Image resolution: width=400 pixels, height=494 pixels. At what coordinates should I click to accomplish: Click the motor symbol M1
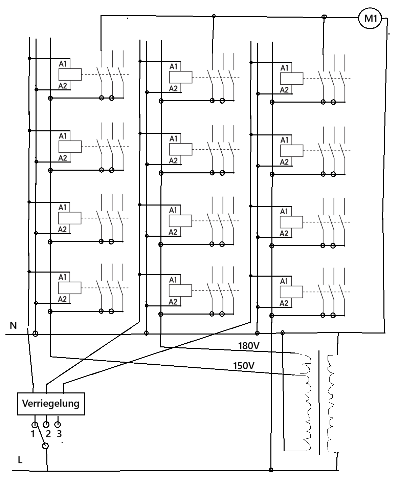pyautogui.click(x=370, y=19)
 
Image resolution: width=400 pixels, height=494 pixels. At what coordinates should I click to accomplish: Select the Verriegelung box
pyautogui.click(x=51, y=404)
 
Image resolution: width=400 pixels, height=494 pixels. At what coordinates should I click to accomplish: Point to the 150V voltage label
pyautogui.click(x=244, y=366)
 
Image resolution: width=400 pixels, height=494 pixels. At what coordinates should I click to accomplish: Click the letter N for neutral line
pyautogui.click(x=13, y=325)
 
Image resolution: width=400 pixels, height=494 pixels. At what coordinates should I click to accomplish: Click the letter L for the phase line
pyautogui.click(x=20, y=460)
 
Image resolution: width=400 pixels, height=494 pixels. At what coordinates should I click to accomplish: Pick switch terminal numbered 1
pyautogui.click(x=35, y=425)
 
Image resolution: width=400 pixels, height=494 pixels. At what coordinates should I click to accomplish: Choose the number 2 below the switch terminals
pyautogui.click(x=48, y=434)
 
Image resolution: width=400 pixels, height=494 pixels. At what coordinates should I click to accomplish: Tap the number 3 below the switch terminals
pyautogui.click(x=59, y=434)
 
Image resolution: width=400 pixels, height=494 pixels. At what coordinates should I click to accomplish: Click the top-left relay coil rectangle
pyautogui.click(x=70, y=74)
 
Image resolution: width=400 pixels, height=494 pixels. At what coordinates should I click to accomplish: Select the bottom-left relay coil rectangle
pyautogui.click(x=70, y=288)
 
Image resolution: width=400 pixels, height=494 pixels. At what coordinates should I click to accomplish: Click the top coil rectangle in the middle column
pyautogui.click(x=181, y=77)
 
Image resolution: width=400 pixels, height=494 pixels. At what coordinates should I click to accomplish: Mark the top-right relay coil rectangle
pyautogui.click(x=292, y=79)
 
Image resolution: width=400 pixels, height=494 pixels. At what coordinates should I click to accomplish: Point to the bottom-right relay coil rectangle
pyautogui.click(x=291, y=292)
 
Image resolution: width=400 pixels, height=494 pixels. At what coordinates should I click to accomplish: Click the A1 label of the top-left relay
pyautogui.click(x=63, y=64)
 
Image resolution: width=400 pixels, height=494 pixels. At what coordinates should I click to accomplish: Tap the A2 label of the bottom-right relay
pyautogui.click(x=284, y=303)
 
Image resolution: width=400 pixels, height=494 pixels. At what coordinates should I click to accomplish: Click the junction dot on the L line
pyautogui.click(x=271, y=470)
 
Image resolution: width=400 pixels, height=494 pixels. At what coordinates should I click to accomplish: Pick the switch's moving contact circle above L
pyautogui.click(x=45, y=446)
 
